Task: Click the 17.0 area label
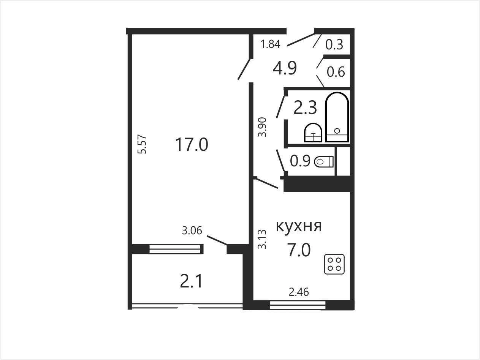[x=192, y=144]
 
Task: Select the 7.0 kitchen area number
[x=299, y=250]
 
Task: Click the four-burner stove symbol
[x=334, y=264]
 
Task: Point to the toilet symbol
[x=324, y=162]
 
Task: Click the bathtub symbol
[x=337, y=117]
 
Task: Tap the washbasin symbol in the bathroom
[x=313, y=133]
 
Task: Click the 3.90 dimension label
[x=262, y=127]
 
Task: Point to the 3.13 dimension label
[x=262, y=239]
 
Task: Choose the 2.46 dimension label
[x=299, y=292]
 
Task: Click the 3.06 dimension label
[x=192, y=231]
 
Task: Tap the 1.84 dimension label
[x=270, y=44]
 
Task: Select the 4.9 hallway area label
[x=285, y=68]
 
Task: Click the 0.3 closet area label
[x=334, y=44]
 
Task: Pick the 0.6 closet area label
[x=336, y=72]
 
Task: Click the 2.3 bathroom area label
[x=305, y=108]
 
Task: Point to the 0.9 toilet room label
[x=300, y=161]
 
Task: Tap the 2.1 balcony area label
[x=191, y=281]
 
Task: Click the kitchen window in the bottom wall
[x=298, y=305]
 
